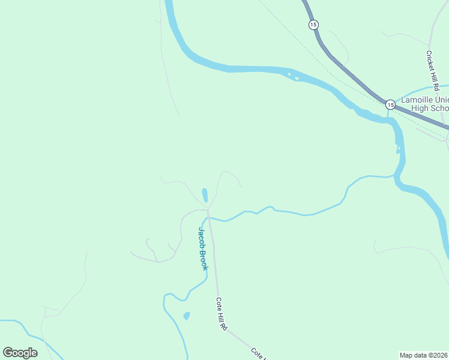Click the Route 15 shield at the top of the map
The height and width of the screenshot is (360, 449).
pos(313,25)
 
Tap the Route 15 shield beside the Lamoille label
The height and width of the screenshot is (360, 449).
pos(390,104)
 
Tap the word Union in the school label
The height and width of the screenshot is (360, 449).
pos(441,100)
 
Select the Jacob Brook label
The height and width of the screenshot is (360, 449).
pos(203,248)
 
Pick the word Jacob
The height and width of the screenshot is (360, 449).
pos(202,238)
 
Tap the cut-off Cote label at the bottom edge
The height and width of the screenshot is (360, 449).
pos(258,353)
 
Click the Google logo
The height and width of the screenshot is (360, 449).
pos(20,353)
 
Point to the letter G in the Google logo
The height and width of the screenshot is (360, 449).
pos(8,353)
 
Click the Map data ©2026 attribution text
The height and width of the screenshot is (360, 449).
pos(423,355)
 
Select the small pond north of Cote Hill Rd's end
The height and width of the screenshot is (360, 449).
pos(205,196)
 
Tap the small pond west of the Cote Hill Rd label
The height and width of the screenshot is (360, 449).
pos(186,316)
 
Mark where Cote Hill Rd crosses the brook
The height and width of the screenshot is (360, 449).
pos(209,219)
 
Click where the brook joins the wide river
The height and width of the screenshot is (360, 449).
pos(394,176)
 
